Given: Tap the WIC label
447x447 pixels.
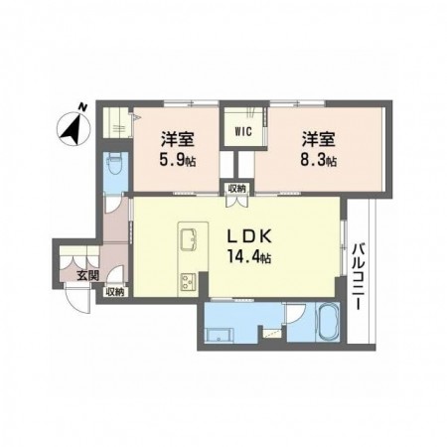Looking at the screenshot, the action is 243,131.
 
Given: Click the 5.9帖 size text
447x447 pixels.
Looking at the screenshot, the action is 178,161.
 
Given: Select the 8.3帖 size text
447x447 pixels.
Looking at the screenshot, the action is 318,161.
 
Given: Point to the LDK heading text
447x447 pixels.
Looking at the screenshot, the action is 249,236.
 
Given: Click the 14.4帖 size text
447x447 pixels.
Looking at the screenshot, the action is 249,256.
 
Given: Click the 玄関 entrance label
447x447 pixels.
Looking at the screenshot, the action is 87,275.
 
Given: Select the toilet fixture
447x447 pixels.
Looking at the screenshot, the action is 115,166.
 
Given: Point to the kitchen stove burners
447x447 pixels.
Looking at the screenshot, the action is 188,283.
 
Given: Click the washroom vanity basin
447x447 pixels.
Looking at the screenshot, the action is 220,335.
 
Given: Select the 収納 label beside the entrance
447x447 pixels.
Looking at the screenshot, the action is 115,292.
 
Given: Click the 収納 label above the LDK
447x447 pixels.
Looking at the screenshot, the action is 237,189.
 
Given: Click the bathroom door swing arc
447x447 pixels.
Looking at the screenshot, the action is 295,314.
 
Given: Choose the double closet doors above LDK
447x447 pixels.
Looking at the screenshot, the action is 237,202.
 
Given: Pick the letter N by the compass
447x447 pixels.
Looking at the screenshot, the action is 82,107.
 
